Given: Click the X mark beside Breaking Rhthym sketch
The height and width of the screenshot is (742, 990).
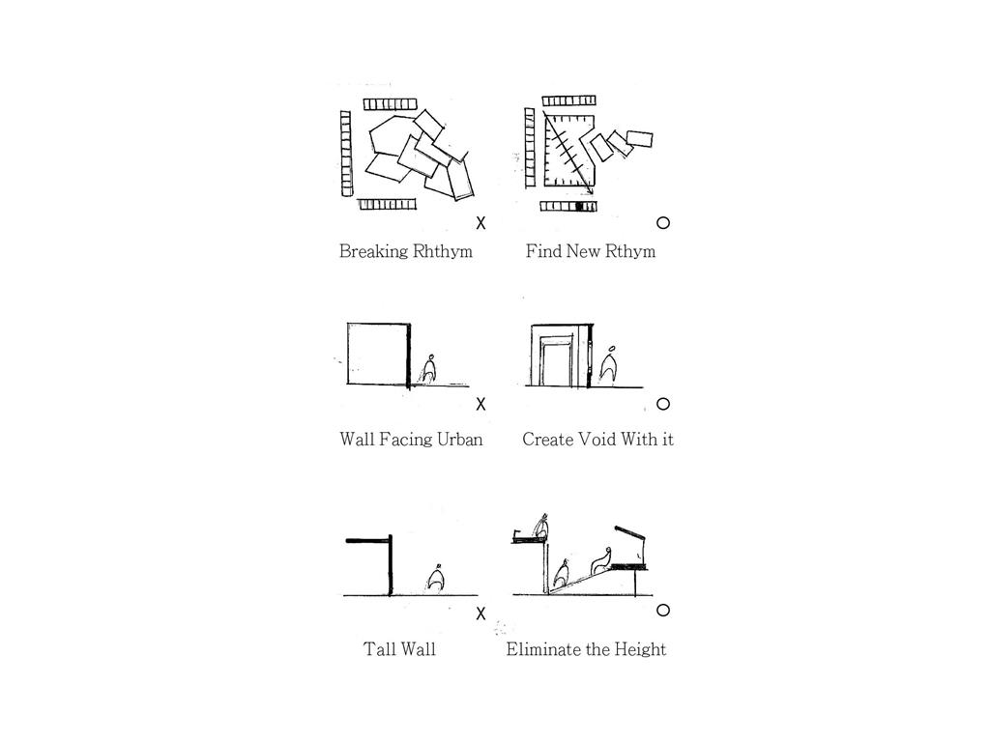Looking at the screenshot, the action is (x=481, y=223).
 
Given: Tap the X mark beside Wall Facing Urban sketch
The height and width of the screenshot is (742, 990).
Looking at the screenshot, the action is (x=481, y=404).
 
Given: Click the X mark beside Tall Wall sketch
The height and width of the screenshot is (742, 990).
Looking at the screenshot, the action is (x=481, y=614).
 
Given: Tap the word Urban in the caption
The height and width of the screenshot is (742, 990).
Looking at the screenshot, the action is (x=459, y=440).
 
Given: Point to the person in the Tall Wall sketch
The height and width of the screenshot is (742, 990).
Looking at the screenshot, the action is (x=434, y=578).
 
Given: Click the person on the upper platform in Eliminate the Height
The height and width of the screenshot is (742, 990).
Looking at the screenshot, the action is (x=541, y=528).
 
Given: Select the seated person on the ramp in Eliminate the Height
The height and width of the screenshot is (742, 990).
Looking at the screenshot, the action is (x=601, y=560).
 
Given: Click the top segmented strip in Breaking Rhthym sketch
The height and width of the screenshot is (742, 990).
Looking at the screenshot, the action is (x=391, y=104).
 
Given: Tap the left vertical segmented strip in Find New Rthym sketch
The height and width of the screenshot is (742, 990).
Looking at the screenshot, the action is (x=530, y=148).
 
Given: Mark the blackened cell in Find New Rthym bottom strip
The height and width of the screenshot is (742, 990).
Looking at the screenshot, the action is (x=581, y=207).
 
